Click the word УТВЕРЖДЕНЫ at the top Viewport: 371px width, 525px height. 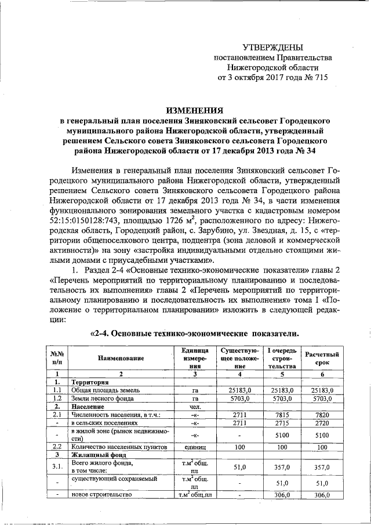(272, 47)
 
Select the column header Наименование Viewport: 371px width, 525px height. (121, 359)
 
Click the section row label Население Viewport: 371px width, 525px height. (88, 407)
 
